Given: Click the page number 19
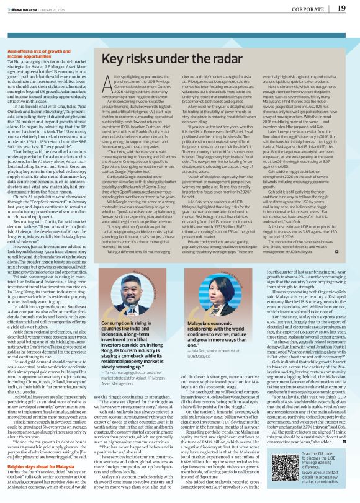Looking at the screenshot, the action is tap(341, 8).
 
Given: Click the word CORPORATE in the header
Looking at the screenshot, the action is tap(308, 9).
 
